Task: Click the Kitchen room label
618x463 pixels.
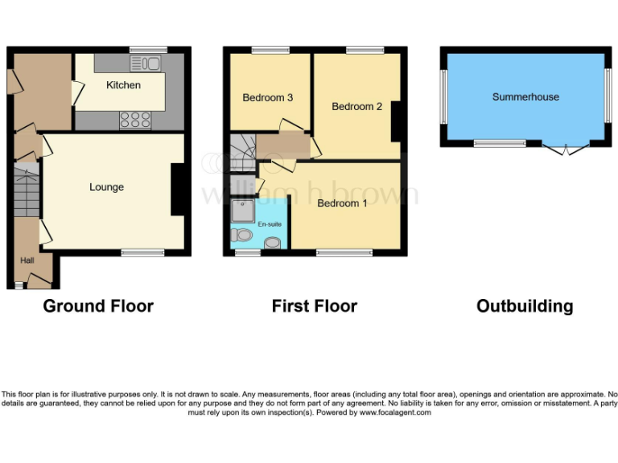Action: coord(123,85)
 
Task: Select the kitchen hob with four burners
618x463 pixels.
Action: coord(135,120)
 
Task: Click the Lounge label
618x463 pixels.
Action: coord(106,187)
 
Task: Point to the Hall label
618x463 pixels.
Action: coord(27,260)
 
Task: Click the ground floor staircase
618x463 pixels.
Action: coord(27,191)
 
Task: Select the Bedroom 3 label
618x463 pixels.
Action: coord(267,98)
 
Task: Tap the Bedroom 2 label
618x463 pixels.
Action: coord(356,107)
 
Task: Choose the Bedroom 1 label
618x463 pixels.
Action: coord(342,203)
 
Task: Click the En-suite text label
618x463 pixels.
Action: coord(270,224)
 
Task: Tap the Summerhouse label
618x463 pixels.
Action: coord(525,97)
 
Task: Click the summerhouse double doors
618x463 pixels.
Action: coord(566,149)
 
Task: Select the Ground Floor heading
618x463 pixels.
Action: coord(98,306)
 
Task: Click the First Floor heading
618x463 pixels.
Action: coord(314,306)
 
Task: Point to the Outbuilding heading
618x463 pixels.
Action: coord(525,306)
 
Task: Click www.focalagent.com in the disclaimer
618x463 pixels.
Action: coord(394,412)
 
